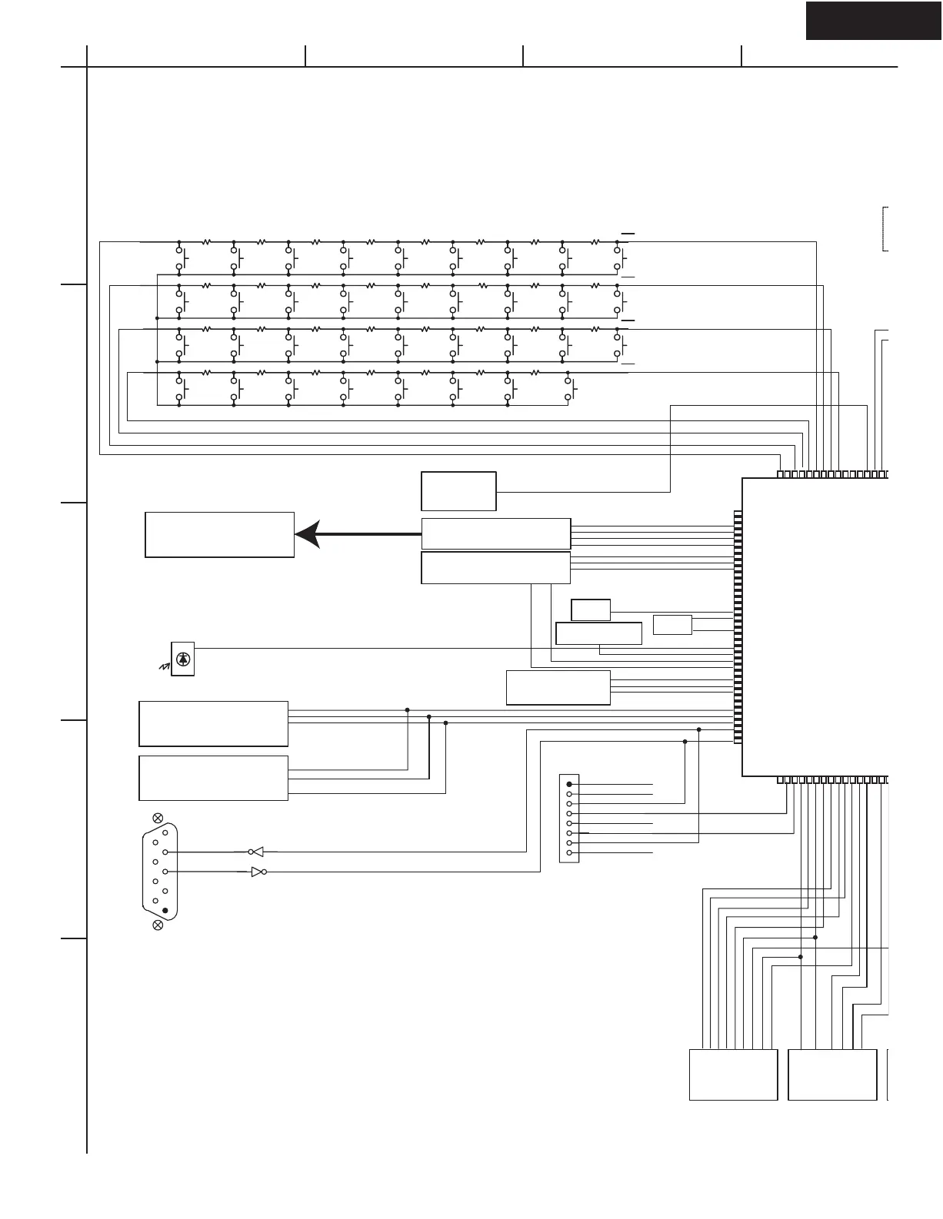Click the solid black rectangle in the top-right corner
pyautogui.click(x=874, y=20)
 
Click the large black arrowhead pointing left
pyautogui.click(x=308, y=534)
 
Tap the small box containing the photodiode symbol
pyautogui.click(x=183, y=659)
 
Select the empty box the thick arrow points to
pyautogui.click(x=219, y=534)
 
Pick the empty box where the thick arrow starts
pyautogui.click(x=495, y=533)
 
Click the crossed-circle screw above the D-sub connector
pyautogui.click(x=158, y=817)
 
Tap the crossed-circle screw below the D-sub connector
pyautogui.click(x=158, y=925)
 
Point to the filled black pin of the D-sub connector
pyautogui.click(x=165, y=910)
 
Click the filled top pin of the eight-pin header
pyautogui.click(x=569, y=784)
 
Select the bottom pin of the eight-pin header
pyautogui.click(x=569, y=853)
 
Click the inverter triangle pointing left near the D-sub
pyautogui.click(x=258, y=852)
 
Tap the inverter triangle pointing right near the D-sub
pyautogui.click(x=258, y=872)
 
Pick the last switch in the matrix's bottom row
pyautogui.click(x=571, y=389)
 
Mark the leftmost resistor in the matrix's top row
pyautogui.click(x=206, y=241)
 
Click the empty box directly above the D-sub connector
pyautogui.click(x=213, y=778)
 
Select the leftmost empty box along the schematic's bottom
pyautogui.click(x=733, y=1075)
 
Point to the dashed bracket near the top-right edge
pyautogui.click(x=885, y=228)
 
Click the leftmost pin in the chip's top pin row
pyautogui.click(x=781, y=474)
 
